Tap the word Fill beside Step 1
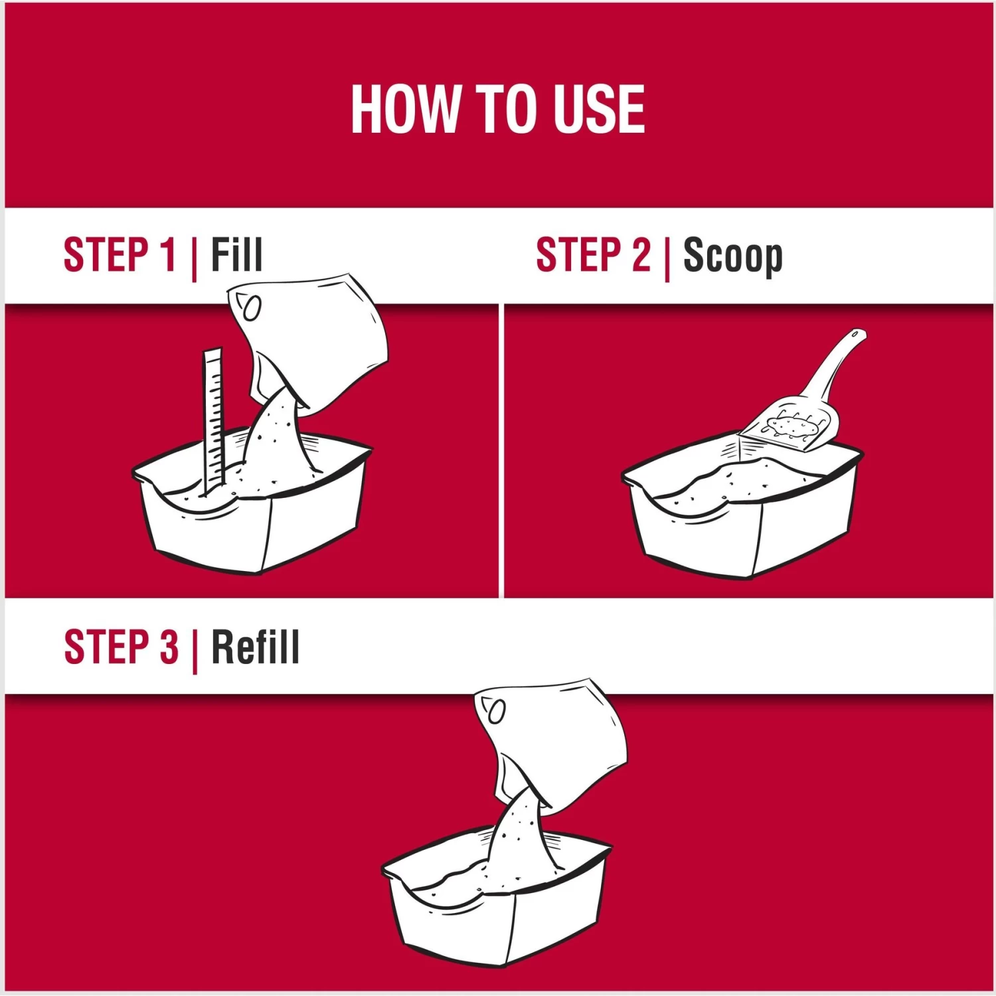point(237,254)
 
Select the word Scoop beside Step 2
point(733,256)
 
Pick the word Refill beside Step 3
point(256,647)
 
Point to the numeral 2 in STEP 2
point(641,254)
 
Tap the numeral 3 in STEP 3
point(169,647)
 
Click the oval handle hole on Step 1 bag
point(252,308)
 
